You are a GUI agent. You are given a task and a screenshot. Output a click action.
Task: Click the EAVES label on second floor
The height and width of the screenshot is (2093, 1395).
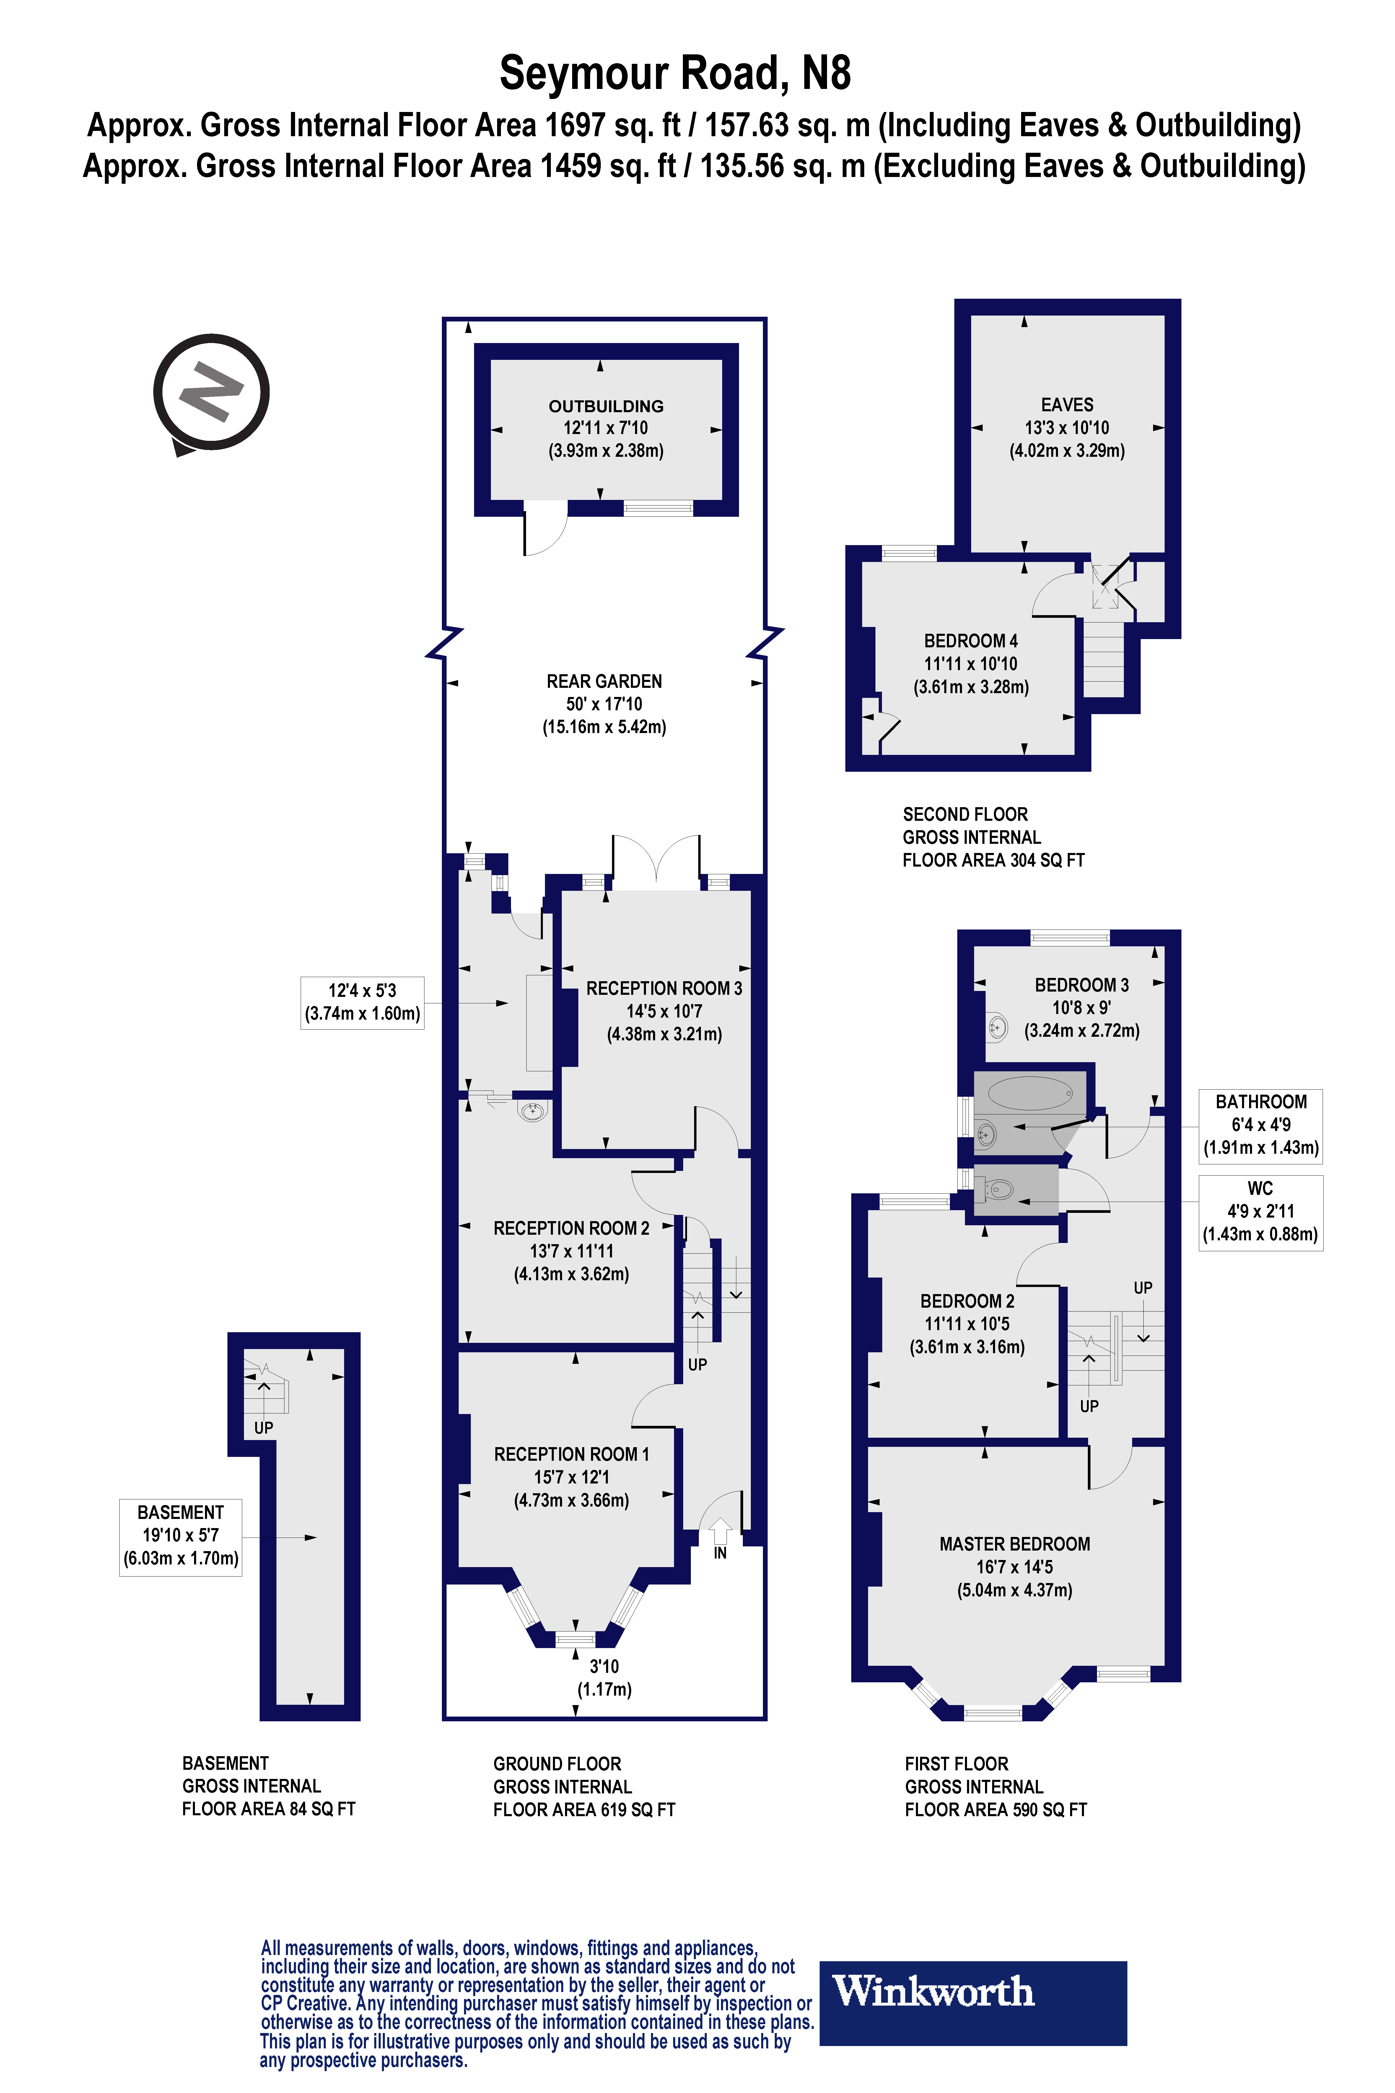[1067, 405]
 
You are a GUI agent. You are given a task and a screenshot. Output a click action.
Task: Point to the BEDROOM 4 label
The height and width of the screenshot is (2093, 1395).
[971, 641]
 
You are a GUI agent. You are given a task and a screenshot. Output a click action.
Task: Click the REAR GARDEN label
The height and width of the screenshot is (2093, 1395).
[604, 682]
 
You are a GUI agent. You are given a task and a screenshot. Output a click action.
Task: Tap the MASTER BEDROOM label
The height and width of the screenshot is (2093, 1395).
[1014, 1544]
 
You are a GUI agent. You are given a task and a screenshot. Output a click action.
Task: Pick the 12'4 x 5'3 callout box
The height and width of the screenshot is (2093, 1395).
[362, 1002]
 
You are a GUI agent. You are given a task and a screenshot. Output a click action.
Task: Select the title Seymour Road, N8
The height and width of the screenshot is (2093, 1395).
[675, 73]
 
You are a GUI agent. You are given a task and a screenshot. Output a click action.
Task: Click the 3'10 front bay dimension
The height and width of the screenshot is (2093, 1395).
[604, 1677]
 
